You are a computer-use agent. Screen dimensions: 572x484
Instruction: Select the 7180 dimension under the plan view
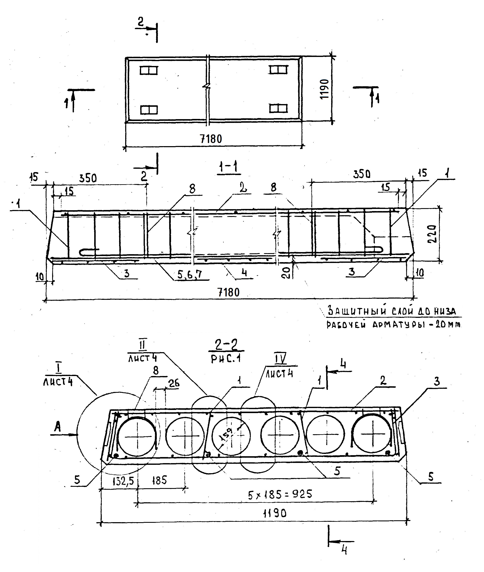click(x=211, y=139)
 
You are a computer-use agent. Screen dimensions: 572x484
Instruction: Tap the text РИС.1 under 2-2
click(x=226, y=359)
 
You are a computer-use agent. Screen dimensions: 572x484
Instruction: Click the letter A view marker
click(x=57, y=427)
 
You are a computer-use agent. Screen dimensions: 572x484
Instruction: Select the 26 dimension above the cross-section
click(x=174, y=383)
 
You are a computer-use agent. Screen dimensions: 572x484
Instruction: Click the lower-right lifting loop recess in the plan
click(x=278, y=109)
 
